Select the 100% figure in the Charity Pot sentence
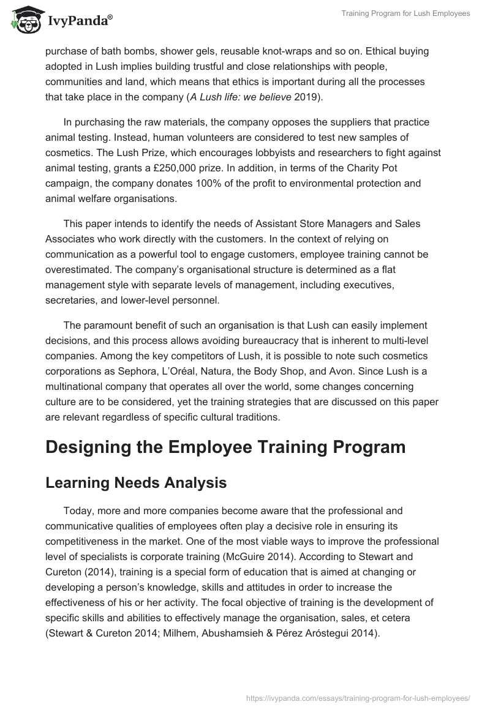pos(268,184)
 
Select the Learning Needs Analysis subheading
pos(136,483)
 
